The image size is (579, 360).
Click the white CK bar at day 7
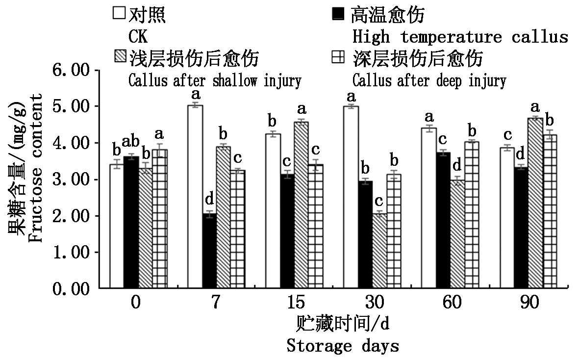click(x=195, y=196)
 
